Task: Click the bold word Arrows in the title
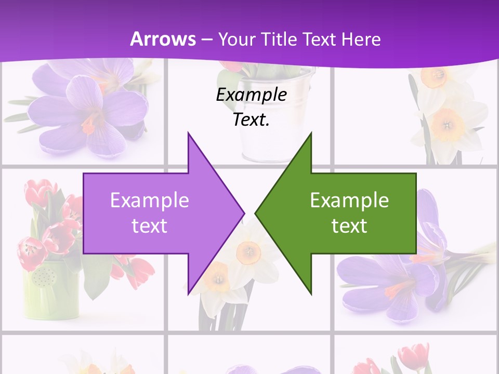[163, 39]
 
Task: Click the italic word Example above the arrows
[251, 95]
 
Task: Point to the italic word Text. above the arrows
[251, 120]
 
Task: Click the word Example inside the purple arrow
[149, 201]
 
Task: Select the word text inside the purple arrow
[149, 225]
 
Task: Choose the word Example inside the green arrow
[349, 201]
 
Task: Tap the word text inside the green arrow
[349, 225]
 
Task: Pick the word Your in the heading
[237, 39]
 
